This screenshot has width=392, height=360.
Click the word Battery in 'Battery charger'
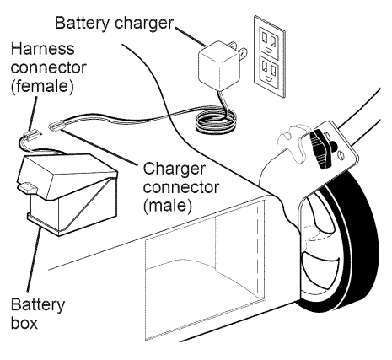(82, 23)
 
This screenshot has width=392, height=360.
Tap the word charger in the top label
(144, 24)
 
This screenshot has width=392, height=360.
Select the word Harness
(43, 49)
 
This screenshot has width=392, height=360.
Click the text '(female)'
(42, 86)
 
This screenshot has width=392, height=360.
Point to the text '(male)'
(168, 206)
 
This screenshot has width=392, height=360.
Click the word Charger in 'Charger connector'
(175, 169)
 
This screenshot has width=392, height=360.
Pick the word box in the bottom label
(24, 323)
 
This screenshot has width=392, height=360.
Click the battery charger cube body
(218, 66)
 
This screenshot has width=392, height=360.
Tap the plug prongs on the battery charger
(238, 50)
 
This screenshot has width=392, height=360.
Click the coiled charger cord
(216, 122)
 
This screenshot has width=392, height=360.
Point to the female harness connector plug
(33, 135)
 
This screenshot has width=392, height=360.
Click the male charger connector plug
(57, 126)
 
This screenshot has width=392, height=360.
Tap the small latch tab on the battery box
(28, 187)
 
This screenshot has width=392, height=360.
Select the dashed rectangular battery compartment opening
(205, 269)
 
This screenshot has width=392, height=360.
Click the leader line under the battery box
(35, 261)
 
